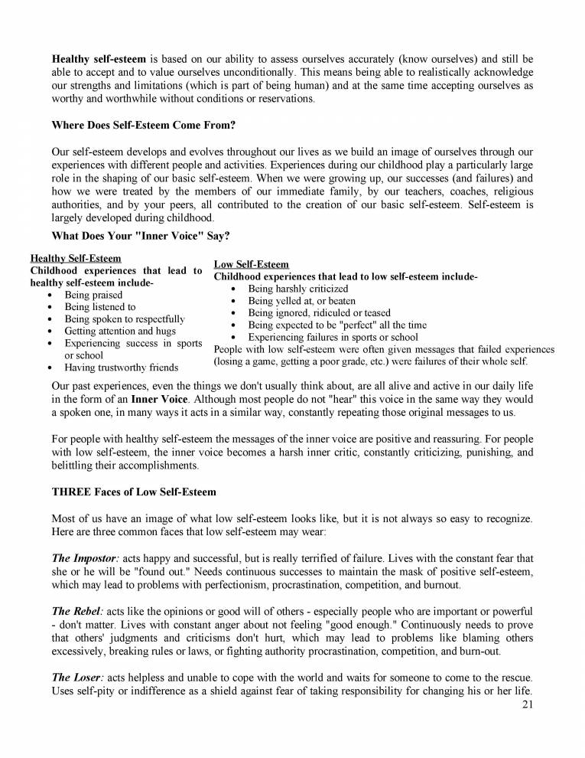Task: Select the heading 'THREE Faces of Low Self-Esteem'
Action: point(134,491)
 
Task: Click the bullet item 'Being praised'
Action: point(93,295)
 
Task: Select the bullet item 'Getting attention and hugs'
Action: point(120,332)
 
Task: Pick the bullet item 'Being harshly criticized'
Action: point(297,289)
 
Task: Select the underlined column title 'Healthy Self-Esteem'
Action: point(75,258)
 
